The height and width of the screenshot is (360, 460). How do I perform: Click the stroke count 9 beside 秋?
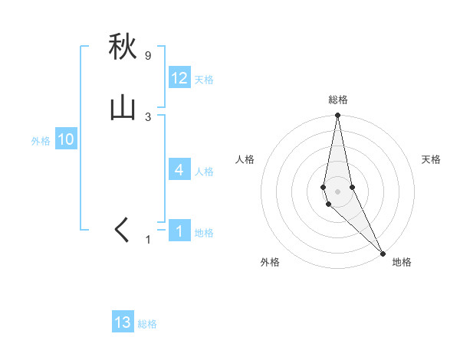point(148,56)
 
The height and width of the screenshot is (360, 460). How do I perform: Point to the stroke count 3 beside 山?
point(148,116)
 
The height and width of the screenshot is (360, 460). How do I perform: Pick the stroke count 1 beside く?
point(148,240)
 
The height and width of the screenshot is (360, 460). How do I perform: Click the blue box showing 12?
point(179,78)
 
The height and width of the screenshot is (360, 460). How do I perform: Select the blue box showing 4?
point(179,169)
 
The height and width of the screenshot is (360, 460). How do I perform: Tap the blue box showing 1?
point(179,231)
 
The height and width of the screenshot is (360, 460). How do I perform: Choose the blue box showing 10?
point(66,139)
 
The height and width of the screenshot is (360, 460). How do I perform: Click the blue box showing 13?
point(123,322)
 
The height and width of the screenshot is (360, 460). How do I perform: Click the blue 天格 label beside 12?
point(204,80)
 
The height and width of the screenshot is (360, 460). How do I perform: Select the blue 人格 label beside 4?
point(204,171)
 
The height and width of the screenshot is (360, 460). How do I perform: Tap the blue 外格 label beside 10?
point(41,141)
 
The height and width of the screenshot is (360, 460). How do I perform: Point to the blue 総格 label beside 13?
point(147,324)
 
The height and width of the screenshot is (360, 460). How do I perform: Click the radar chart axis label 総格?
point(338,100)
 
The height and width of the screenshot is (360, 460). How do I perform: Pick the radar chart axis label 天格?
point(432,159)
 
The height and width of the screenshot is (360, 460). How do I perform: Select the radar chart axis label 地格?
point(402,262)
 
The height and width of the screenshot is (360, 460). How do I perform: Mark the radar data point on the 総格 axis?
point(337,116)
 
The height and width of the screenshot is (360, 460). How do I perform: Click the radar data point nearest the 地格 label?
point(383,252)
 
